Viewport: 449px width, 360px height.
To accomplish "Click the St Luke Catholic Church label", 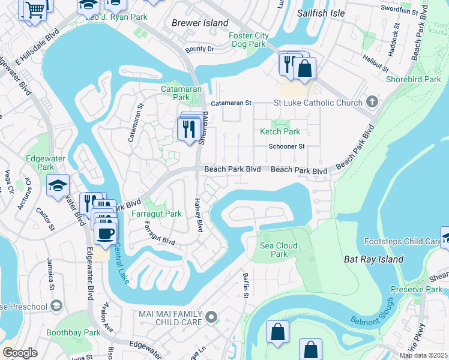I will coord(318,103).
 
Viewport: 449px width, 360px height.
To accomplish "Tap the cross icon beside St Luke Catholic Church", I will coord(372,102).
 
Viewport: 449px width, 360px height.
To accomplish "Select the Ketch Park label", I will coord(279,131).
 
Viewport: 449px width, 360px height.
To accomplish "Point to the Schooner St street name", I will coord(287,146).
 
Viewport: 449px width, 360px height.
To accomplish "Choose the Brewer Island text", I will coord(200,23).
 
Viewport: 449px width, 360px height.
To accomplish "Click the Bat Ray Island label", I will coord(373,259).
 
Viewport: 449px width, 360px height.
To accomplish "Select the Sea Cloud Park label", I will coord(274,250).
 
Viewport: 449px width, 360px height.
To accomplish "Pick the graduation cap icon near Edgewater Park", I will coord(58,185).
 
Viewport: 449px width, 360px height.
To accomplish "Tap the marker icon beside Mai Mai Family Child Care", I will coord(211,316).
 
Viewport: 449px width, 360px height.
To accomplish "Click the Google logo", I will coord(20,353).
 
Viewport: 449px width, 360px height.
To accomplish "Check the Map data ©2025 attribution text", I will coord(423,355).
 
